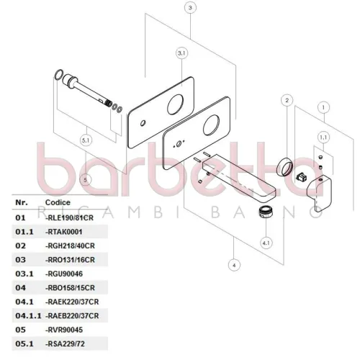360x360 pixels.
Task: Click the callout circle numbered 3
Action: click(x=190, y=8)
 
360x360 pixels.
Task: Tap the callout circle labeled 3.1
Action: click(x=181, y=53)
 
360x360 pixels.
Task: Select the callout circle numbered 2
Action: click(x=287, y=100)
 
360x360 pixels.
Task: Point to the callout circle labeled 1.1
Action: click(x=323, y=138)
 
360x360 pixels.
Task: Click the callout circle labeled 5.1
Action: click(x=86, y=140)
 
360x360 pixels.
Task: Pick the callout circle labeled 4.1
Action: click(x=266, y=243)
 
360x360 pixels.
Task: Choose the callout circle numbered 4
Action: click(x=234, y=265)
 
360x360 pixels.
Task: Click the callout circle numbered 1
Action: click(x=323, y=107)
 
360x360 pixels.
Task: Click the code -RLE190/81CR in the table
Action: click(x=69, y=218)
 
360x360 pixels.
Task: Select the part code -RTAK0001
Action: click(x=64, y=232)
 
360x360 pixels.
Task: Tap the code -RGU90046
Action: click(x=64, y=274)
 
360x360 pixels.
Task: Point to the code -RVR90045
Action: click(x=64, y=330)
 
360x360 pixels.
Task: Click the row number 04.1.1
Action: click(x=28, y=316)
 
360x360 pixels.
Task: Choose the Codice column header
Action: click(x=58, y=202)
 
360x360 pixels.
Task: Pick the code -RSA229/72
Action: click(x=65, y=344)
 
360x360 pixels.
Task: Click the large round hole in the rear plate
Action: click(x=176, y=104)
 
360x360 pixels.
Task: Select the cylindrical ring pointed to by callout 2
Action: click(x=285, y=167)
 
